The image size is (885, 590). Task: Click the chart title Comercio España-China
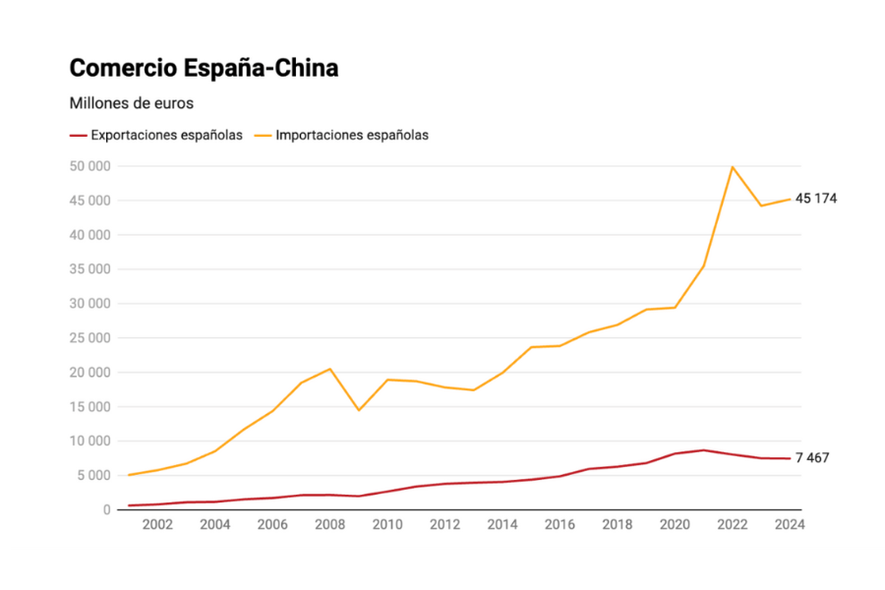[204, 69]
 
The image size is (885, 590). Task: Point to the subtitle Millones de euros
[132, 102]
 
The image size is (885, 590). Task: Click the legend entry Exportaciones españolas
[166, 136]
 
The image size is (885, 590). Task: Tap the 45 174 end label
[816, 199]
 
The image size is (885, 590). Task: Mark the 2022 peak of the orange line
[732, 167]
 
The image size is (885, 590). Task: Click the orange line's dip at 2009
[359, 410]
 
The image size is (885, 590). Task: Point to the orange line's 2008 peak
[330, 369]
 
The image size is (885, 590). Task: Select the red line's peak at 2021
[703, 450]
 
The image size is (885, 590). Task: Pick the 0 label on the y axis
[104, 509]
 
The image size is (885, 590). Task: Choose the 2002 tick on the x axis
[157, 524]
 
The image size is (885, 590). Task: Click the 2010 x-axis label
[387, 524]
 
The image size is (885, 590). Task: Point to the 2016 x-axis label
[560, 524]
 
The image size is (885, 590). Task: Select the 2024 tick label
[789, 524]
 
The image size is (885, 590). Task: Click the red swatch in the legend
[78, 136]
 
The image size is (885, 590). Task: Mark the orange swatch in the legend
[264, 136]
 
